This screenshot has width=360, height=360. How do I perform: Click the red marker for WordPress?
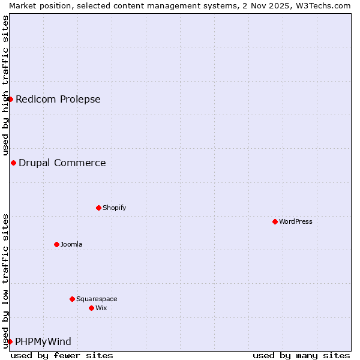[x=275, y=221]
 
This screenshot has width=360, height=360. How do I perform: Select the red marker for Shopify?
[x=98, y=208]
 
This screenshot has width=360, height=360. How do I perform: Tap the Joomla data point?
[x=56, y=244]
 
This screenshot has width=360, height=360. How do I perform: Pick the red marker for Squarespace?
[x=72, y=299]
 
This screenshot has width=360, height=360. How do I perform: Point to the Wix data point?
[x=91, y=308]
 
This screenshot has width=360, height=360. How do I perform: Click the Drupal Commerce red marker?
[x=13, y=163]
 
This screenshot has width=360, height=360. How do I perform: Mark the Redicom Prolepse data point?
[x=10, y=99]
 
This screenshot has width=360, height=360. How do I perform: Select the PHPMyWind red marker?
[x=10, y=341]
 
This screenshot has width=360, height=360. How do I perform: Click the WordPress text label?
[x=296, y=221]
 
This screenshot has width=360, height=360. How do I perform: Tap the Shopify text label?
[x=114, y=208]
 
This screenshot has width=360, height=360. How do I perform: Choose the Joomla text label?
[x=71, y=244]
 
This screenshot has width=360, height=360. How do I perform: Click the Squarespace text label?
[x=97, y=299]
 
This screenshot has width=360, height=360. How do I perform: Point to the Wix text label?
[x=101, y=308]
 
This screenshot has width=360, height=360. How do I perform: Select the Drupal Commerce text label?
[x=62, y=163]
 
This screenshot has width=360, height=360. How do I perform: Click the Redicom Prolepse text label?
[x=58, y=99]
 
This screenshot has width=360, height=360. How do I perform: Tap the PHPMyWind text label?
[x=43, y=341]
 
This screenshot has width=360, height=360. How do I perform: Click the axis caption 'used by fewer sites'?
[x=62, y=355]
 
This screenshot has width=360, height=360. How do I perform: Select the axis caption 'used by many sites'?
[x=301, y=355]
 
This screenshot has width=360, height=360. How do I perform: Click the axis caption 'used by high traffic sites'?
[x=5, y=85]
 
